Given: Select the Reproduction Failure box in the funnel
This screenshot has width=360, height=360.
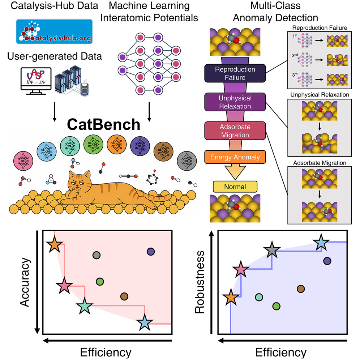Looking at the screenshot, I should coord(235,73).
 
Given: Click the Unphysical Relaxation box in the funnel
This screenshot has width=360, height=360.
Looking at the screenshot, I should coord(235,102).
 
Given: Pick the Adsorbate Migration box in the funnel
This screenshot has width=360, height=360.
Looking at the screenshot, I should coord(235,130).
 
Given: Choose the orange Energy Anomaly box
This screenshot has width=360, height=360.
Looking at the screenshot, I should coord(235,157).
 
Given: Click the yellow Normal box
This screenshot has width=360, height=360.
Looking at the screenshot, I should coord(235,187).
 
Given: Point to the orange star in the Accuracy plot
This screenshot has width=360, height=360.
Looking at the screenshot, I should coord(55,245).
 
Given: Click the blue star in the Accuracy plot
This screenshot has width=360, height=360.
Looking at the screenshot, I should coord(145,322).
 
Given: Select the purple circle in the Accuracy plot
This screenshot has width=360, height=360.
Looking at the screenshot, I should coord(151,252).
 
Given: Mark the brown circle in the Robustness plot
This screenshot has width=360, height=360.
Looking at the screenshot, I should coord(300,288).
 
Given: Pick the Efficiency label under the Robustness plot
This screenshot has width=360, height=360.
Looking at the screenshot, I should coord(280,352).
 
